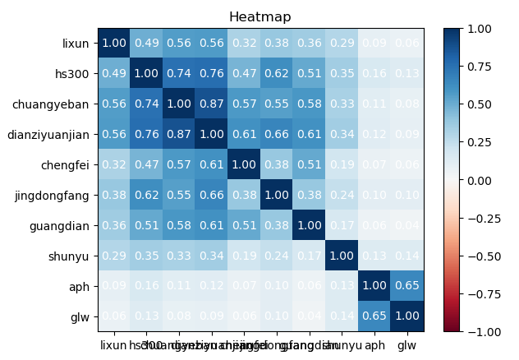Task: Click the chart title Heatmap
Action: pyautogui.click(x=259, y=16)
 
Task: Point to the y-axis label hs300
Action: pyautogui.click(x=74, y=74)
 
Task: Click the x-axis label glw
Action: pyautogui.click(x=406, y=344)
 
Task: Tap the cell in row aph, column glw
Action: pyautogui.click(x=406, y=285)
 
